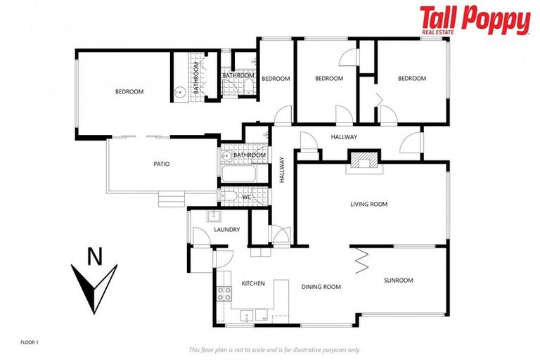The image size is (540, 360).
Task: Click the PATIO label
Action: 162,164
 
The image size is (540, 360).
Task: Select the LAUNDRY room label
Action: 226,230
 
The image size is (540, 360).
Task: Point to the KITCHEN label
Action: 253,283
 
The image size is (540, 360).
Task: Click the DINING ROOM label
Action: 321,287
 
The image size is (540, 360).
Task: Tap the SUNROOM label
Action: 399,280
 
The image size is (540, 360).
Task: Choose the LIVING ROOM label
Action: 369,205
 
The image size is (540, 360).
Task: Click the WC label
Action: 247,198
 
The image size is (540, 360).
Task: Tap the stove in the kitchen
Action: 224,294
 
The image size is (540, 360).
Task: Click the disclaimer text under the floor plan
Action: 275,349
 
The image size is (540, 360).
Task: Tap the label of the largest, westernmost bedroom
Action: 129,92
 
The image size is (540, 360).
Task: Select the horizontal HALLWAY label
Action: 345,137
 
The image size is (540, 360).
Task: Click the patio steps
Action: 172,200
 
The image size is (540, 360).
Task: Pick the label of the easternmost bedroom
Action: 412,79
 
